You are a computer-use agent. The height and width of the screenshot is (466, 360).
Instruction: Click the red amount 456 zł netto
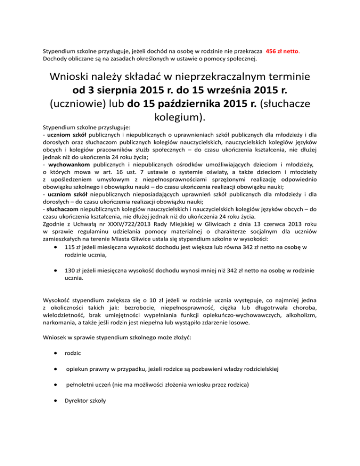pos(283,52)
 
